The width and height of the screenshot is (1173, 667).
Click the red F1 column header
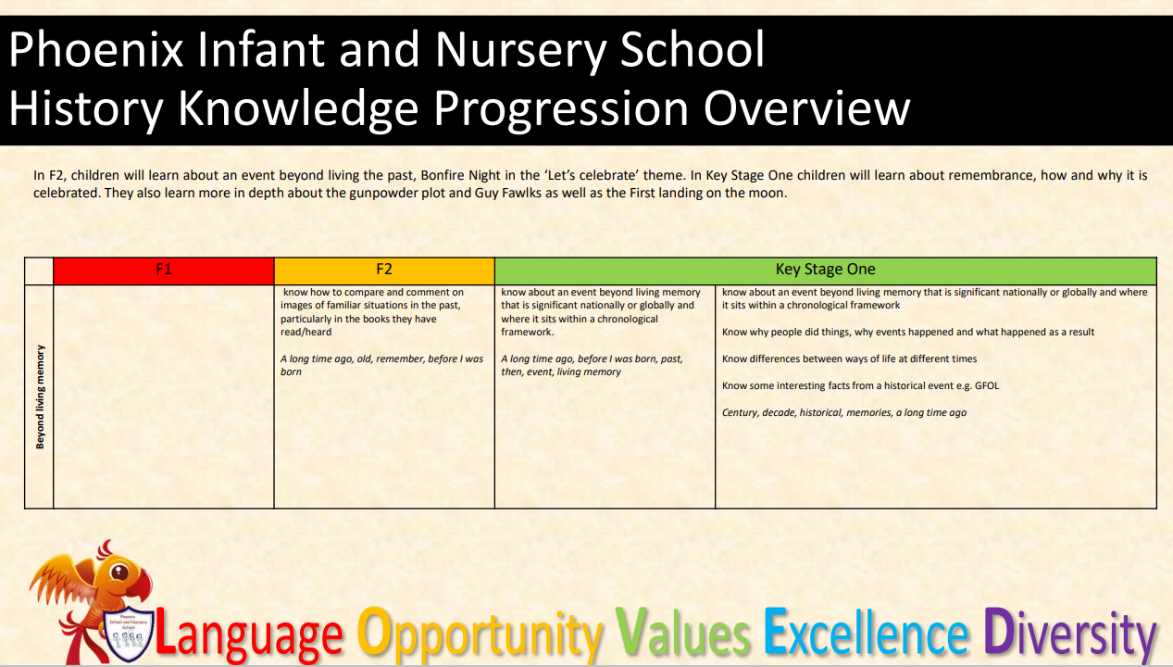(163, 271)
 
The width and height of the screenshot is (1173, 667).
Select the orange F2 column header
(384, 271)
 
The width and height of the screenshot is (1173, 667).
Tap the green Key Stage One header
(825, 271)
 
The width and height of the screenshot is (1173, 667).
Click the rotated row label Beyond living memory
(40, 396)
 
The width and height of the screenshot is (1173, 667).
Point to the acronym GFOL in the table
(987, 385)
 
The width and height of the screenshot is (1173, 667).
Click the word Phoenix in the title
(96, 50)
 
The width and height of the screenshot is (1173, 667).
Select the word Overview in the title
(807, 108)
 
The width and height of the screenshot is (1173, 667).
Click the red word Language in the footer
(249, 634)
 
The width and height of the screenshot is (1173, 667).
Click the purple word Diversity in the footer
(1070, 634)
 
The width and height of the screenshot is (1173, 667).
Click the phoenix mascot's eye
(119, 573)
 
